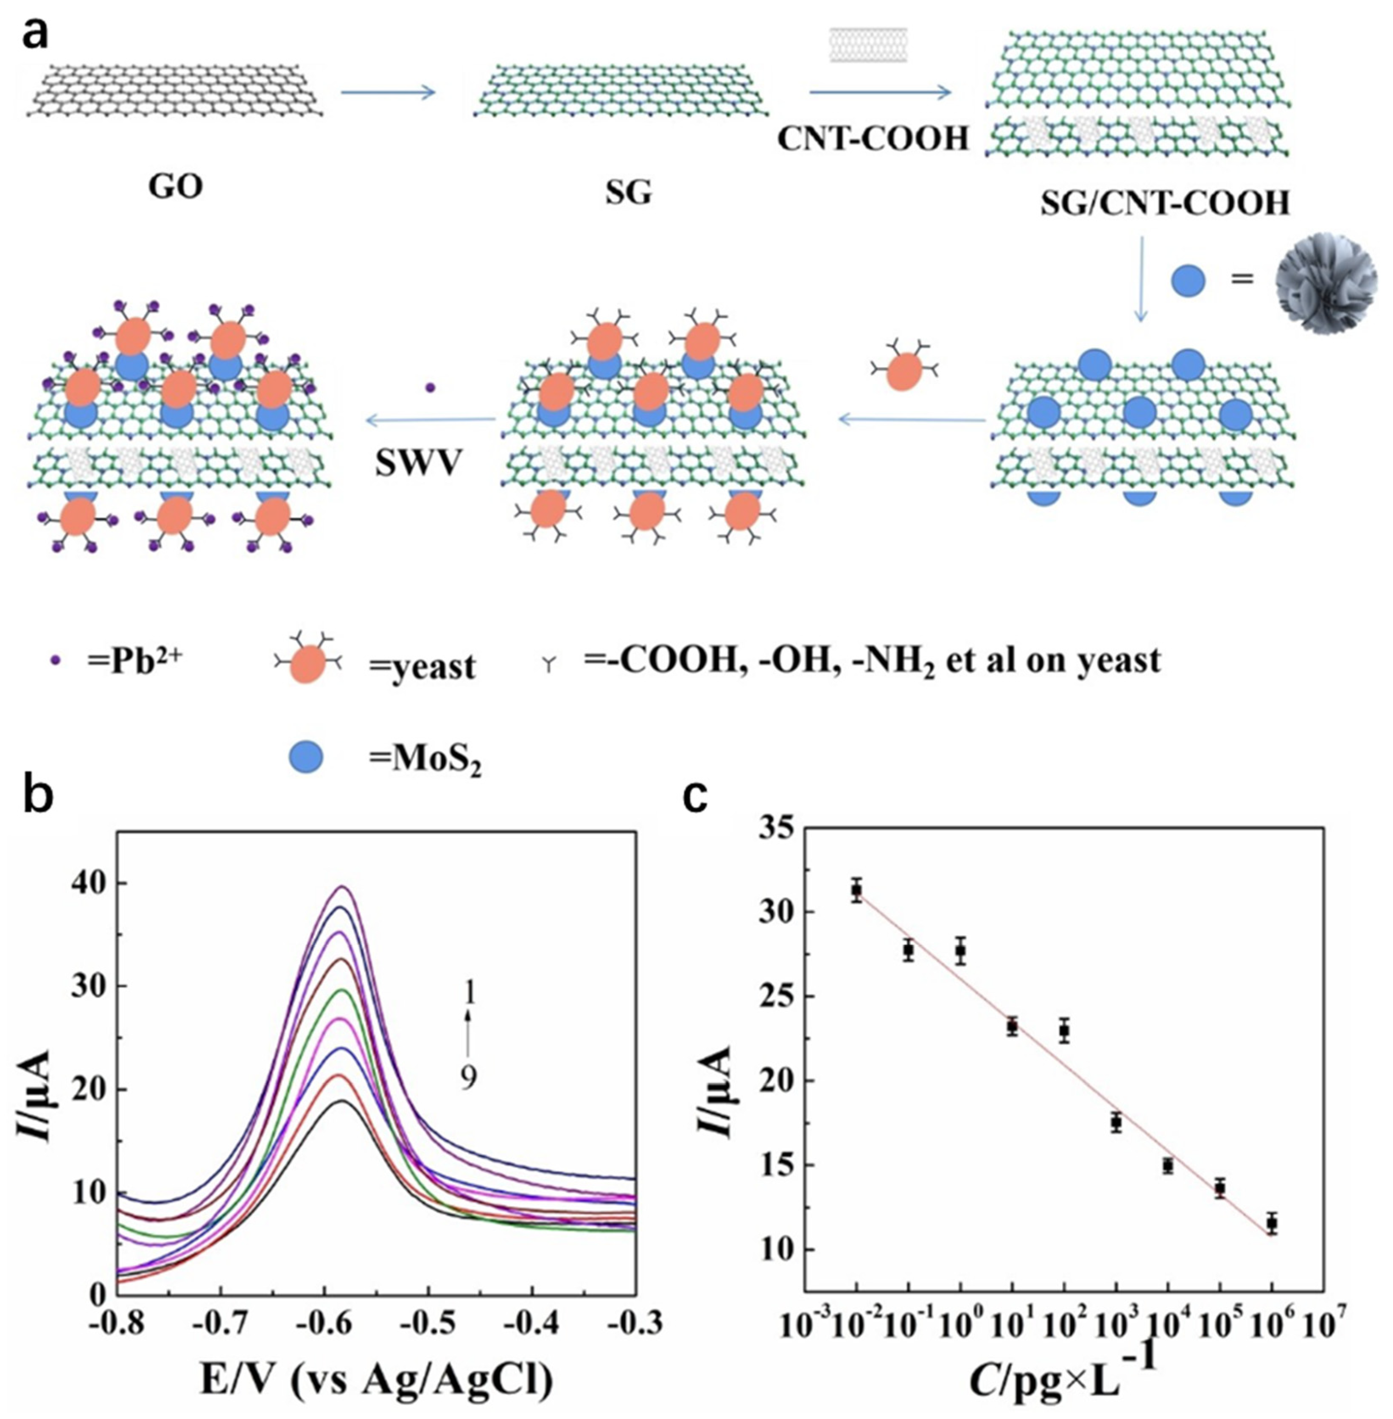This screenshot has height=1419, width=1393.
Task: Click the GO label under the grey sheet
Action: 176,187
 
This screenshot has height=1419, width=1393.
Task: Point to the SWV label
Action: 418,463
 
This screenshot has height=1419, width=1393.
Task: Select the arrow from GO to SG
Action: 388,92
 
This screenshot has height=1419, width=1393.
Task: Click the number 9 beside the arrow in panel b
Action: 468,1078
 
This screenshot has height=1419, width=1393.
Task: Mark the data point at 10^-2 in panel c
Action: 856,891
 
